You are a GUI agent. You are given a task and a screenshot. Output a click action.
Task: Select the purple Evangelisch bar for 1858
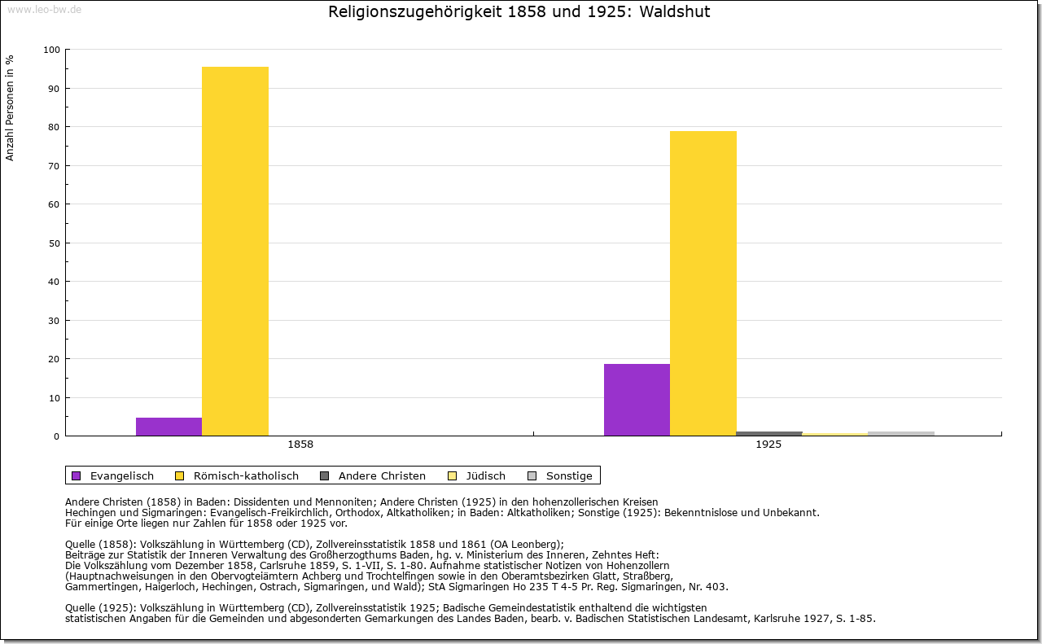click(x=169, y=427)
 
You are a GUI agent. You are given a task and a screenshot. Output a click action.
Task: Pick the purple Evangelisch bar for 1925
click(x=637, y=400)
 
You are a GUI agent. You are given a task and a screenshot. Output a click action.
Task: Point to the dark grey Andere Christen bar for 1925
click(x=769, y=433)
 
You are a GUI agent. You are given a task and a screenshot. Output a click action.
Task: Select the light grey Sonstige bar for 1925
click(x=901, y=433)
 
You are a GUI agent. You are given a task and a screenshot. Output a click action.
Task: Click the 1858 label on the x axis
click(x=300, y=445)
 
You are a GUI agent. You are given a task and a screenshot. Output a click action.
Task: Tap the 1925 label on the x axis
click(x=768, y=445)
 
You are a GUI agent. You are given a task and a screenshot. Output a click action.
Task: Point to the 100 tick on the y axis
click(x=51, y=50)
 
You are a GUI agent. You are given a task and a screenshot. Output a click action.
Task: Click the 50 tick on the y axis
click(x=54, y=243)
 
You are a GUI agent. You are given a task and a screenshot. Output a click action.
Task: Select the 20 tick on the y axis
click(x=54, y=359)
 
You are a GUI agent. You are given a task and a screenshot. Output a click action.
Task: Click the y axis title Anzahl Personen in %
click(x=10, y=107)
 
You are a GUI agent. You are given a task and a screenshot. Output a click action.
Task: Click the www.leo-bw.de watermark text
click(x=44, y=9)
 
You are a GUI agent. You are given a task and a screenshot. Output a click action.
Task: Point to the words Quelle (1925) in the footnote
click(x=102, y=607)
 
